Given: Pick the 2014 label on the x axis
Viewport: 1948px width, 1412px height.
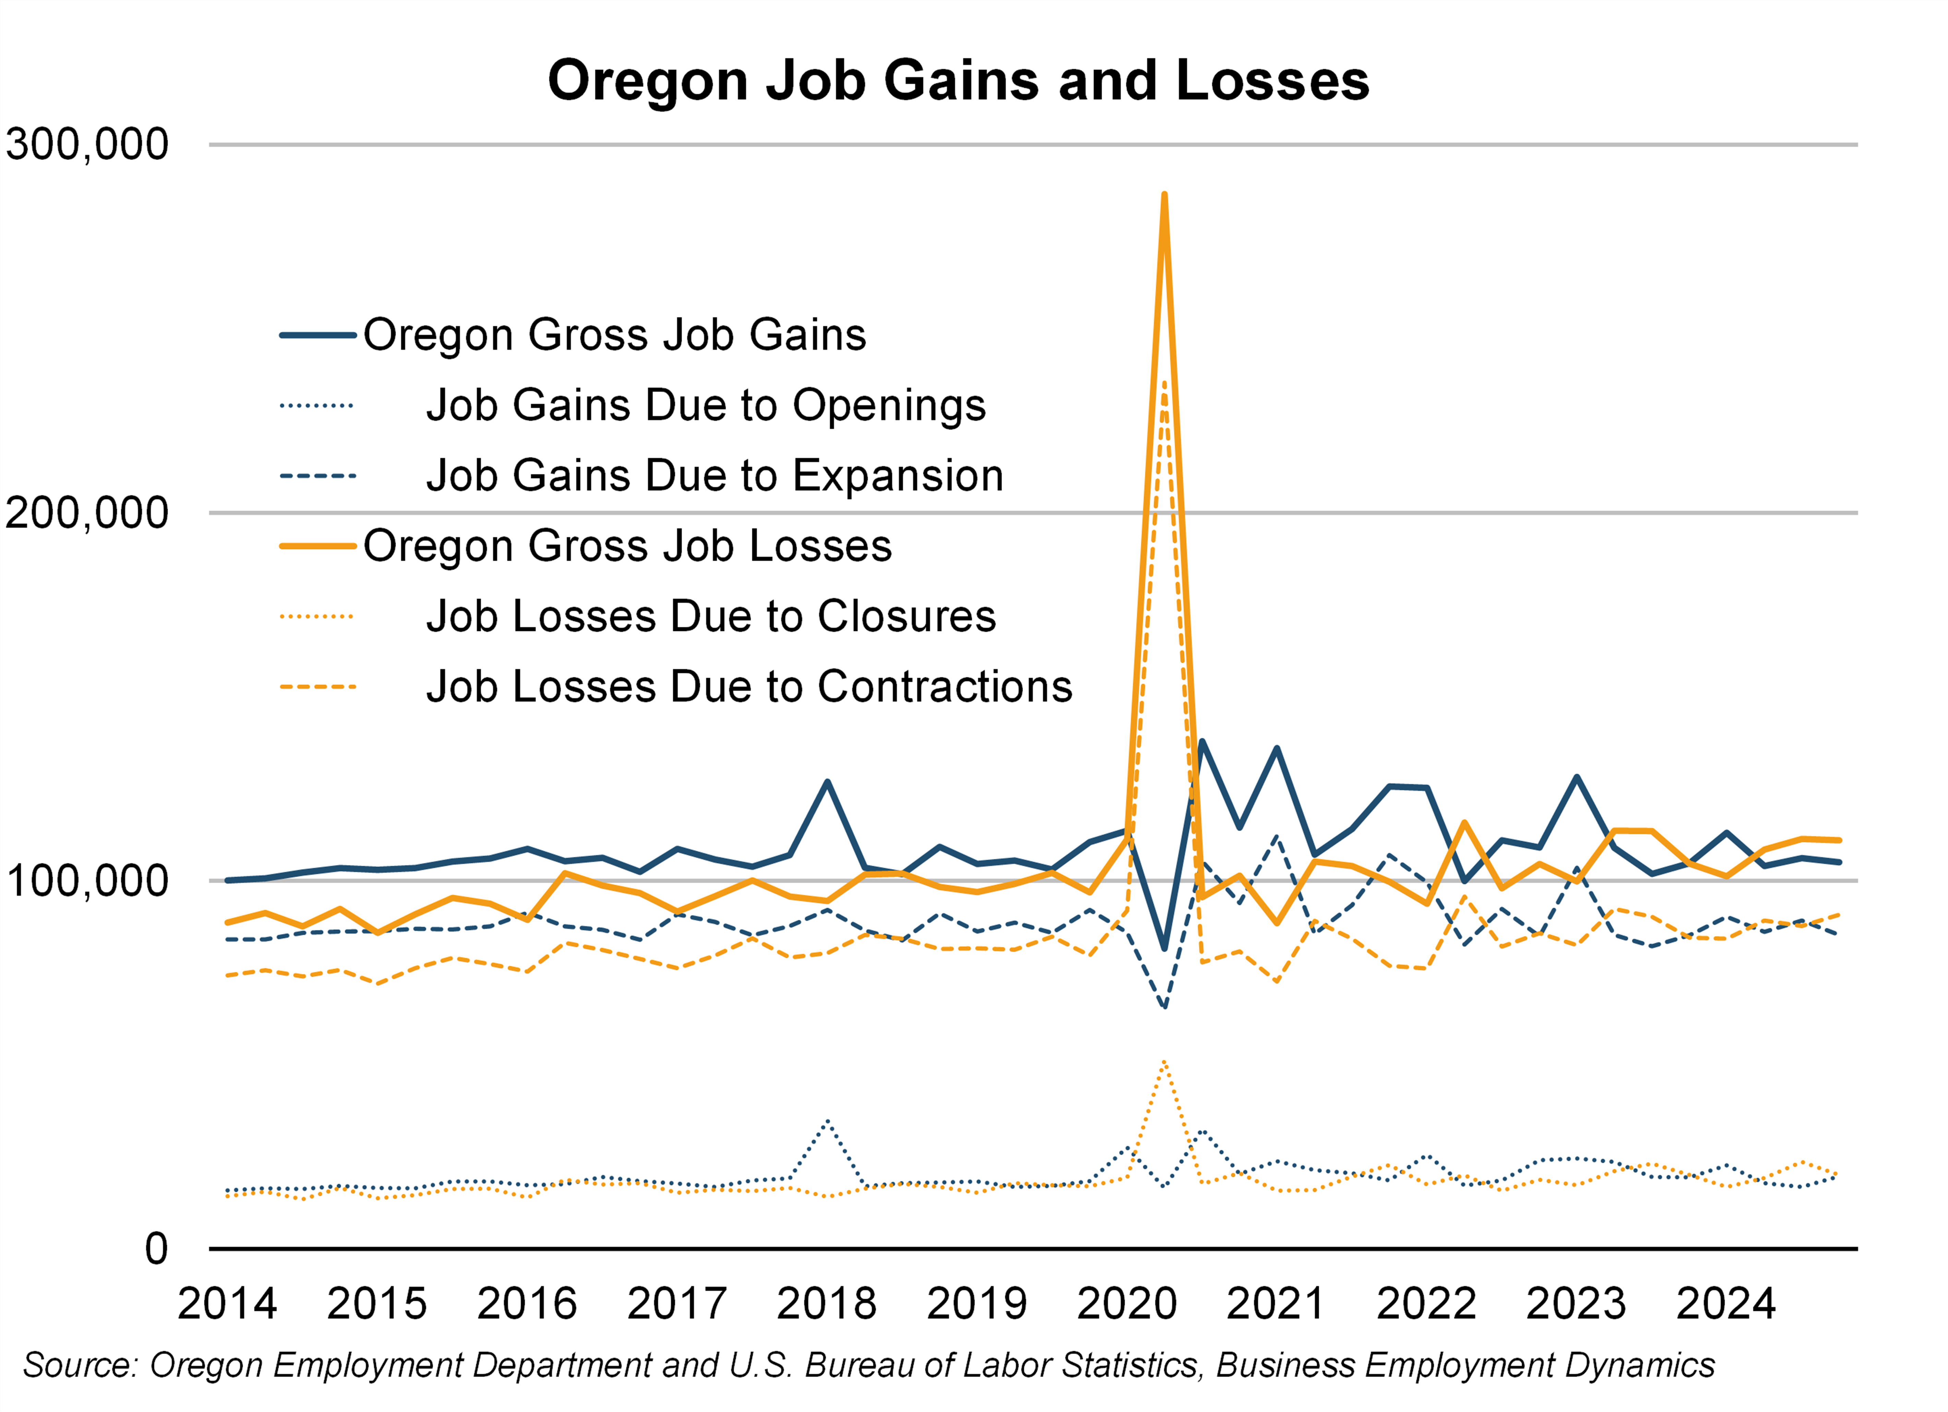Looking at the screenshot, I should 227,1304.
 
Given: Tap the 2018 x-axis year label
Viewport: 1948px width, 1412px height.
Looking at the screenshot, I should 826,1304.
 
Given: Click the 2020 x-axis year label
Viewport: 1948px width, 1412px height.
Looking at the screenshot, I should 1126,1304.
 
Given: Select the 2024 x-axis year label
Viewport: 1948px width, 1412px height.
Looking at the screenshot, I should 1725,1304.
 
